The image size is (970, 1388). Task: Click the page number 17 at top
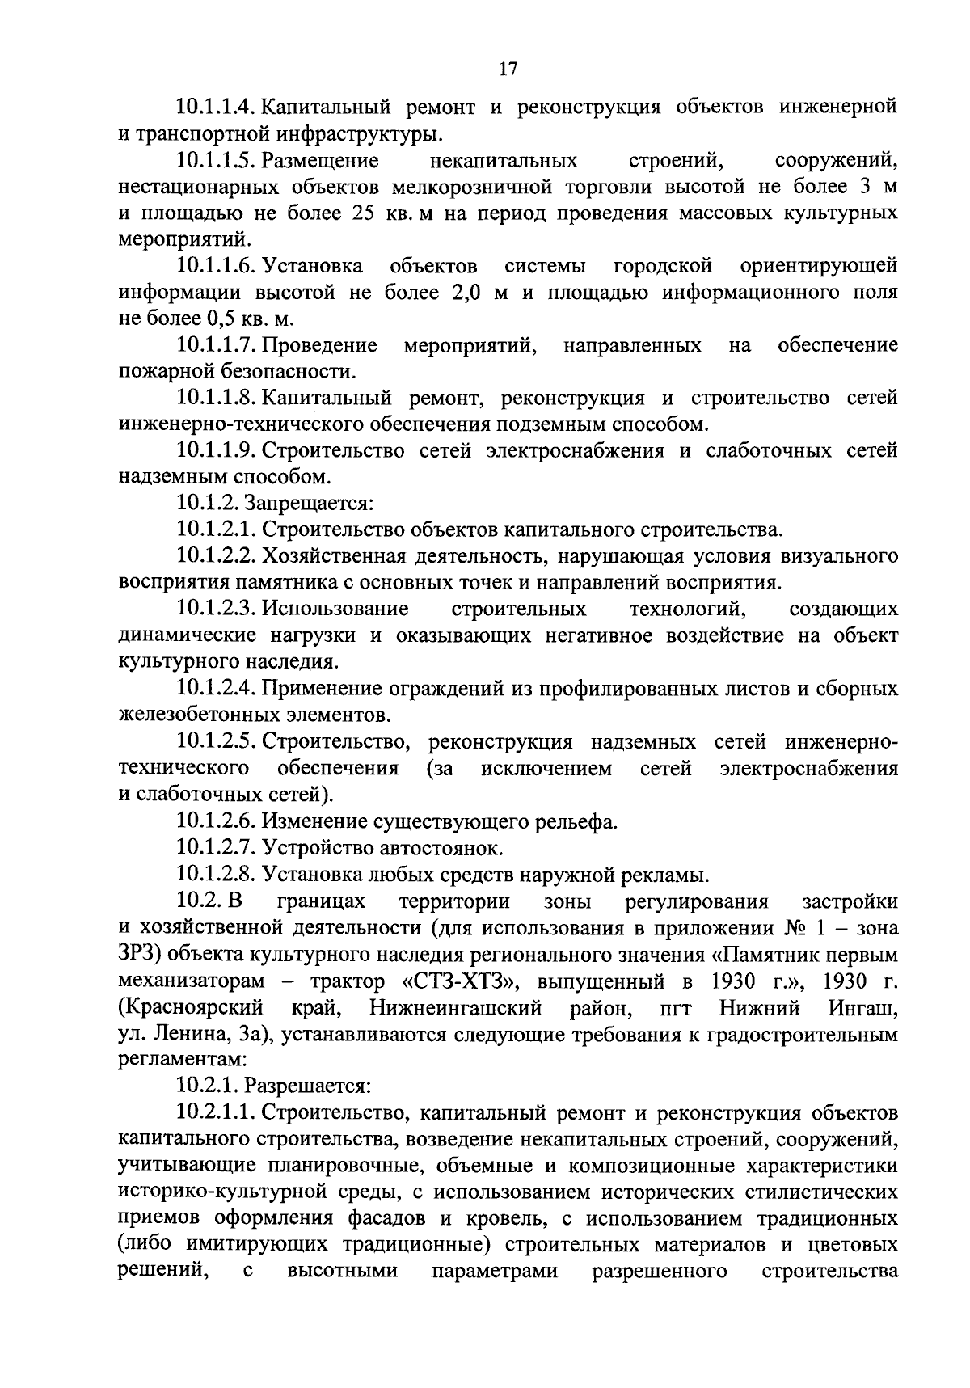[507, 70]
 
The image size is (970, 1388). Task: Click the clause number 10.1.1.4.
[217, 107]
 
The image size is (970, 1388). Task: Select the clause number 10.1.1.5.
[217, 160]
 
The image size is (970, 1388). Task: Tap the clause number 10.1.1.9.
[217, 450]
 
